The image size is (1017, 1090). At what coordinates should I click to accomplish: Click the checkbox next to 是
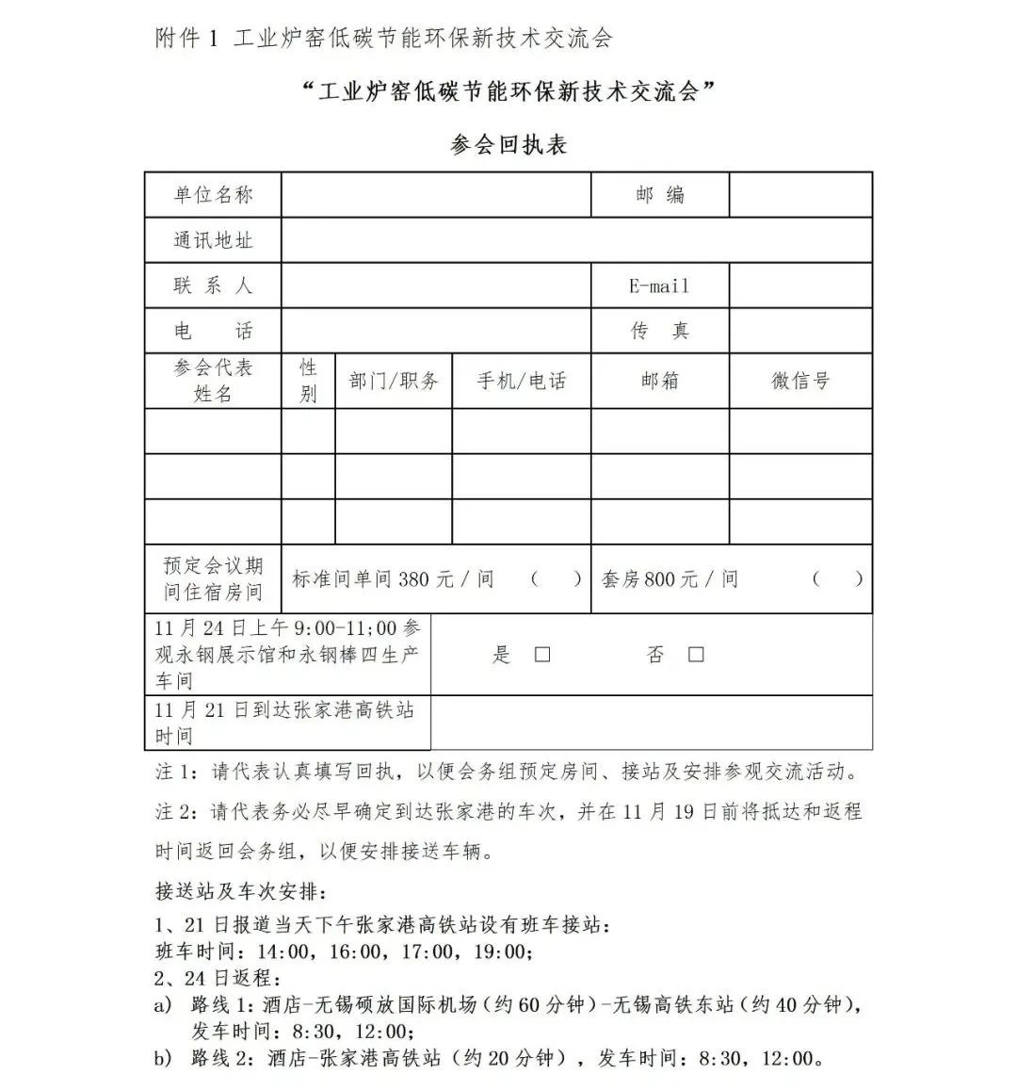point(542,655)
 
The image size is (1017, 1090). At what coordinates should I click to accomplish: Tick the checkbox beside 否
point(696,655)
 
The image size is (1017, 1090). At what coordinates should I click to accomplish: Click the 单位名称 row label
point(213,195)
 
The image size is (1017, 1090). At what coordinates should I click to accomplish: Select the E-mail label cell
point(659,285)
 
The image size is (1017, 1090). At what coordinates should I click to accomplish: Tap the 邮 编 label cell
point(659,195)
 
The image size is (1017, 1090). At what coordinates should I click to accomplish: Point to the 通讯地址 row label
point(213,240)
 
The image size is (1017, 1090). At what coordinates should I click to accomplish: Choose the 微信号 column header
point(800,381)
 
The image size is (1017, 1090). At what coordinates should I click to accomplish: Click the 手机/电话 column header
point(522,381)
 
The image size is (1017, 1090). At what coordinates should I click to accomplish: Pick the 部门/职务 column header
point(394,381)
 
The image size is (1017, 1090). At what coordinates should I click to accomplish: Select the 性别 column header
point(308,381)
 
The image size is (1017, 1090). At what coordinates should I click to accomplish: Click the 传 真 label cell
point(659,331)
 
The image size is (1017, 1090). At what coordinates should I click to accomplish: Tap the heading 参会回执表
point(508,145)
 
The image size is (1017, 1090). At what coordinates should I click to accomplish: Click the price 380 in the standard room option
point(414,579)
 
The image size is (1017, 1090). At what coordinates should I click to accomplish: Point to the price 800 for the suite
point(660,579)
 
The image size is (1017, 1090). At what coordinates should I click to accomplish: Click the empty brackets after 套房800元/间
point(837,579)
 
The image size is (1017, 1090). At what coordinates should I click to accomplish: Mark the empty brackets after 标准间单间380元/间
point(556,579)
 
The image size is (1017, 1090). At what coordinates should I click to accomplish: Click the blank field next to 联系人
point(436,285)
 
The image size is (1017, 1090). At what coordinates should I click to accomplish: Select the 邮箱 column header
point(659,381)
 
